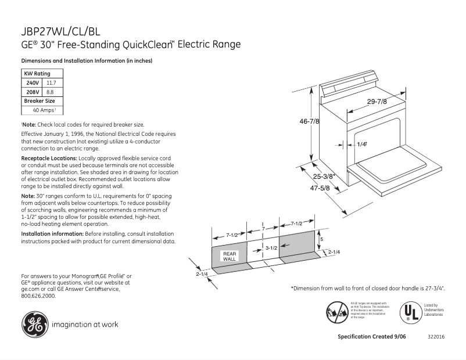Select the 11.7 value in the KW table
pos(51,83)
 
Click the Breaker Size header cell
pos(39,100)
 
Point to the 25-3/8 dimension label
pos(324,176)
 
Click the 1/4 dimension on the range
pos(361,144)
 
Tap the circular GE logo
pos(35,324)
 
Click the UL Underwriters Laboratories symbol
pos(410,312)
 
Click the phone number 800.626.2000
pos(38,296)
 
